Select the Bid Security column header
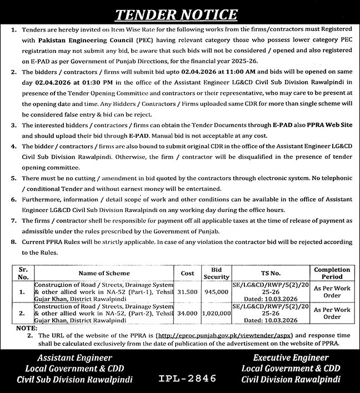tap(217, 273)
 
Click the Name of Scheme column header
tap(104, 273)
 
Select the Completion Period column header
tap(332, 273)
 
